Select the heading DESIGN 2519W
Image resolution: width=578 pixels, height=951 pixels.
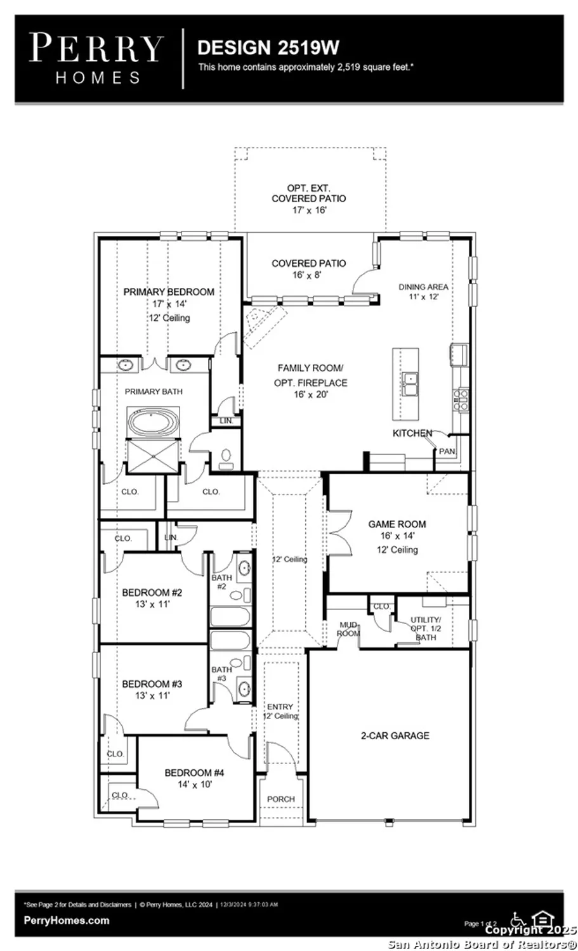click(x=268, y=48)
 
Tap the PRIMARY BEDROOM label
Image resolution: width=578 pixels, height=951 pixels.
click(x=169, y=292)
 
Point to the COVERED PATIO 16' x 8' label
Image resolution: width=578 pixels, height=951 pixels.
click(x=309, y=263)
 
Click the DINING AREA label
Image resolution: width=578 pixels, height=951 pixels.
click(x=423, y=287)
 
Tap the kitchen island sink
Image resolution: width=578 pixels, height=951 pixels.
click(x=412, y=384)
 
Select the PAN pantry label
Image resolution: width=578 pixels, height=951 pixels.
click(x=447, y=451)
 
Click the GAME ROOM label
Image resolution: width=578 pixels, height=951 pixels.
click(x=397, y=524)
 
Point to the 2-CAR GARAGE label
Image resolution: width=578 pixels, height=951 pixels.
click(x=395, y=735)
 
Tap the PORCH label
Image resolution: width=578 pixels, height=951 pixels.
click(x=280, y=799)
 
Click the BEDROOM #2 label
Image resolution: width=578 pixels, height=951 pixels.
click(x=152, y=593)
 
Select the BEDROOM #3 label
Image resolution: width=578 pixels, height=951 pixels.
click(x=152, y=684)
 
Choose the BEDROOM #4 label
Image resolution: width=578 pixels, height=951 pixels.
click(x=194, y=773)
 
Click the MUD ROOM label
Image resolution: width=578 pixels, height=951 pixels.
click(x=348, y=629)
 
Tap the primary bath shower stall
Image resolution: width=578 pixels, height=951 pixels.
click(x=154, y=456)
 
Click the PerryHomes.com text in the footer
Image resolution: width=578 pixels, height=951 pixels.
click(x=66, y=921)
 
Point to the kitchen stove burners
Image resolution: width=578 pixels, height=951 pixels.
click(x=461, y=398)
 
